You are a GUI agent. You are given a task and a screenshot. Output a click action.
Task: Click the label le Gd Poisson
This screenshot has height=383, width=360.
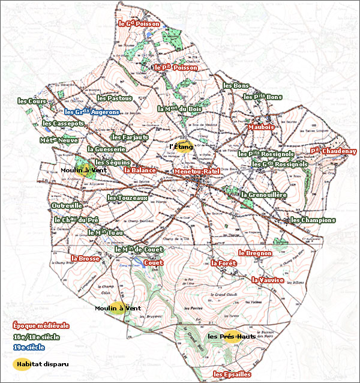(139, 24)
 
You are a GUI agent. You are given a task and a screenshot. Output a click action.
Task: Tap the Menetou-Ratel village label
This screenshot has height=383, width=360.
(196, 172)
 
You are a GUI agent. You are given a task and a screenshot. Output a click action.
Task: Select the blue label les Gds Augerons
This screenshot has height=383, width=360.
(92, 112)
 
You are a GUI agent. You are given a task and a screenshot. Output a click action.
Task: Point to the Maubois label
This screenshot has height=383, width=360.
(261, 127)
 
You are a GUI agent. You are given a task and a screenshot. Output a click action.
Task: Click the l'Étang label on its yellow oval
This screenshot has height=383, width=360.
(181, 146)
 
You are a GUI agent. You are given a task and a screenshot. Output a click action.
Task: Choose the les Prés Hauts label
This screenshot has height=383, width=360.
(232, 337)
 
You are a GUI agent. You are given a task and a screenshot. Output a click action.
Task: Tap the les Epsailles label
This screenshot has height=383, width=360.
(232, 374)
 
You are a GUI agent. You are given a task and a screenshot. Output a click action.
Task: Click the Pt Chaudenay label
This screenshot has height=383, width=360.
(333, 151)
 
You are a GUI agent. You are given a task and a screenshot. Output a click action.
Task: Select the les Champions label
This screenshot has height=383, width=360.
(313, 220)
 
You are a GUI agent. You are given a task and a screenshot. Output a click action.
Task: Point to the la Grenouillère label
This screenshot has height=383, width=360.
(264, 195)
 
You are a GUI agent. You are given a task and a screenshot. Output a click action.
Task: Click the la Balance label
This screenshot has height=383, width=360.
(140, 170)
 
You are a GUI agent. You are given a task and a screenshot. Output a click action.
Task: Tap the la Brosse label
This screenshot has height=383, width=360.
(85, 259)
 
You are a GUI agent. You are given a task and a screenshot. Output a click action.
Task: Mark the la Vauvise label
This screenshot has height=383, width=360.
(268, 280)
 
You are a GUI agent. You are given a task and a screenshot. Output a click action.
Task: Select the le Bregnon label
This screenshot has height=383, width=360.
(255, 253)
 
